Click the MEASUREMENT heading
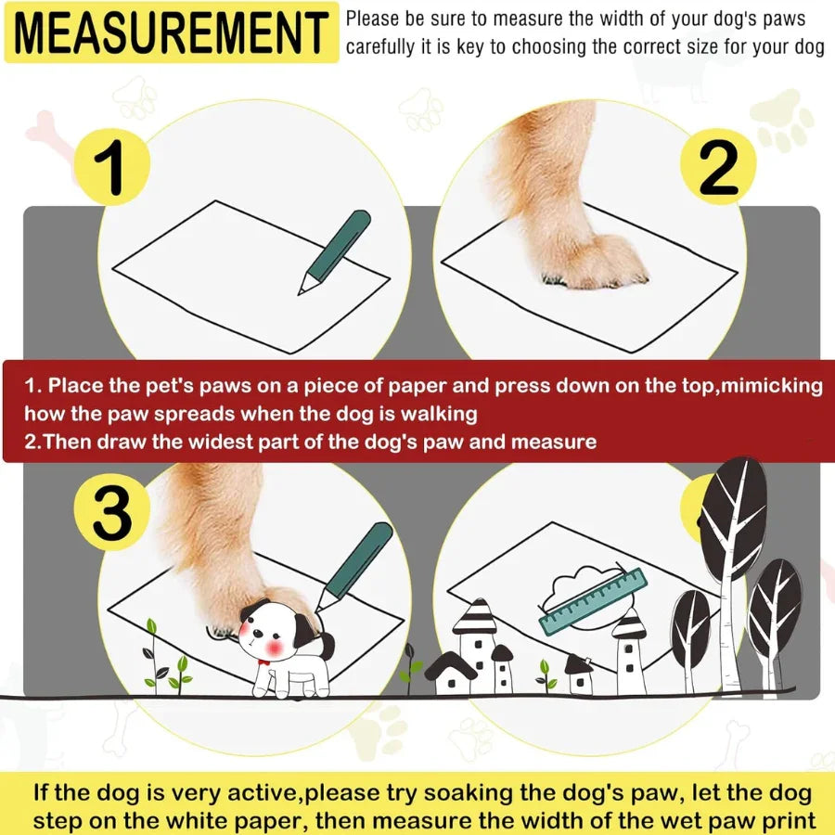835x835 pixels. (x=172, y=32)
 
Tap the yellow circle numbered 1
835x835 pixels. (x=111, y=166)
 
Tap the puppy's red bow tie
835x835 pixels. (x=265, y=662)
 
